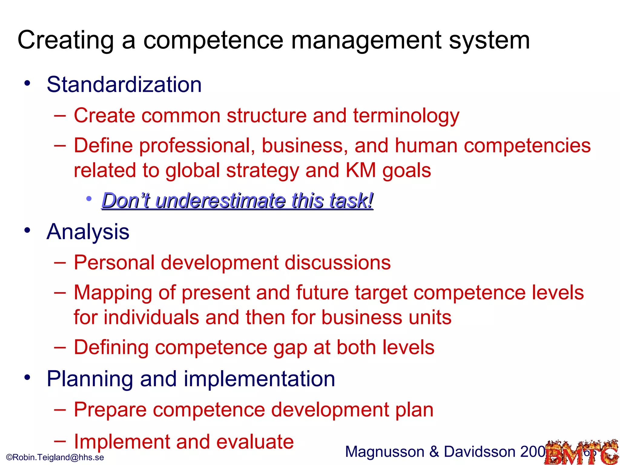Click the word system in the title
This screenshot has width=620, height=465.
[489, 41]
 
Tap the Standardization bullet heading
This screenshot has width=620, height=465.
[124, 84]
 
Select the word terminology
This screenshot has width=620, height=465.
[406, 116]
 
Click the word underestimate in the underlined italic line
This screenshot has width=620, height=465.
[220, 201]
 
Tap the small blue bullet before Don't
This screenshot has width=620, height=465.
[89, 199]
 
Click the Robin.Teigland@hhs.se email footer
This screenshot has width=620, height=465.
[55, 457]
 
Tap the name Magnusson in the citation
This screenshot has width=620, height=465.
[384, 452]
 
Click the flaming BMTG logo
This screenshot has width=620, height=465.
[581, 453]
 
